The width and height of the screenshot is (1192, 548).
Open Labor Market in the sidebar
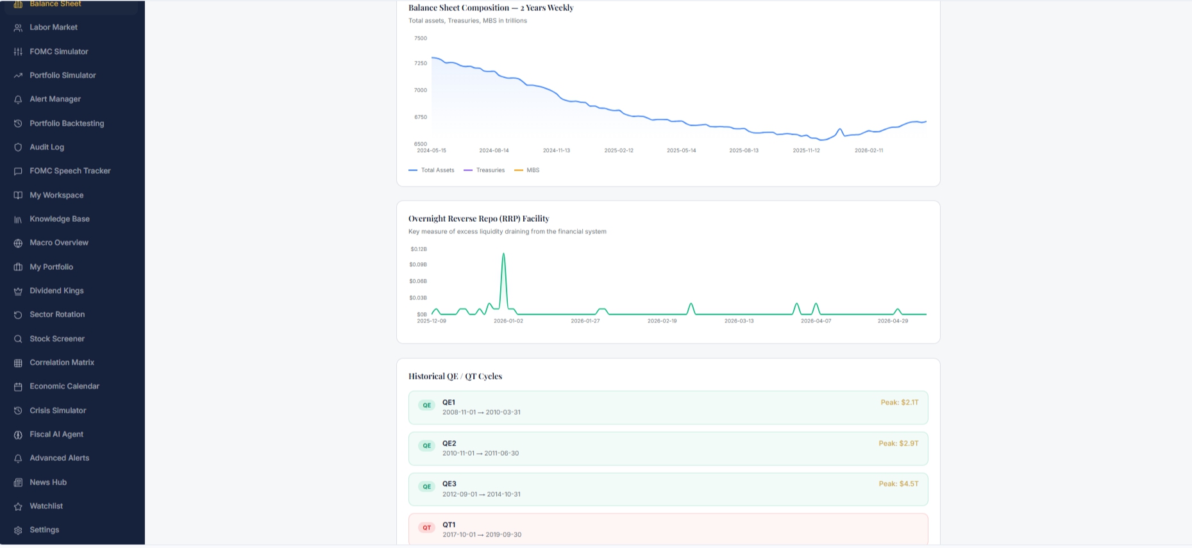pyautogui.click(x=53, y=28)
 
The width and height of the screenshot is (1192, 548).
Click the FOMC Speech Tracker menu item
pyautogui.click(x=70, y=171)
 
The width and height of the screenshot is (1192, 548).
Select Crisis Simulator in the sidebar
pyautogui.click(x=58, y=411)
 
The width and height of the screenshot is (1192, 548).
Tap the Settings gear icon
pyautogui.click(x=18, y=530)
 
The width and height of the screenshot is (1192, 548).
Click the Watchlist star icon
pyautogui.click(x=18, y=506)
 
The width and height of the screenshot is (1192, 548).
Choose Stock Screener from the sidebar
pyautogui.click(x=57, y=339)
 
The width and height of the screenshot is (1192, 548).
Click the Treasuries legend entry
pyautogui.click(x=484, y=170)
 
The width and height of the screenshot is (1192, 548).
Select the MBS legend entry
pyautogui.click(x=527, y=170)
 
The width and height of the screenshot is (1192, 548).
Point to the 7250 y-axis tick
pyautogui.click(x=421, y=63)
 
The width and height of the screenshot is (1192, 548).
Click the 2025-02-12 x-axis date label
pyautogui.click(x=619, y=151)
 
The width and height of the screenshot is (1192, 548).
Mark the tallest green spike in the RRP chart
pyautogui.click(x=503, y=254)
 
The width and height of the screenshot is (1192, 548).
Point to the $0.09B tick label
pyautogui.click(x=418, y=265)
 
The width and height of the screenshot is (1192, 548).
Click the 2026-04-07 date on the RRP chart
pyautogui.click(x=816, y=321)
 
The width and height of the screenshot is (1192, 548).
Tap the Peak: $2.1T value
pyautogui.click(x=900, y=403)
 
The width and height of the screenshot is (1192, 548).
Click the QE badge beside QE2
pyautogui.click(x=426, y=445)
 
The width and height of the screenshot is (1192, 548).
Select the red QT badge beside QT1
pyautogui.click(x=426, y=527)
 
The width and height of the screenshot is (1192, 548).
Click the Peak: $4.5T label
pyautogui.click(x=898, y=484)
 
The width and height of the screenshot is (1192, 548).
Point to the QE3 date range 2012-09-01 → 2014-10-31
pyautogui.click(x=482, y=495)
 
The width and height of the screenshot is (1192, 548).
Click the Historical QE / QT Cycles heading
pyautogui.click(x=455, y=376)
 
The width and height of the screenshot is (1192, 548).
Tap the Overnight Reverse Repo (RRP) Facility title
pyautogui.click(x=479, y=219)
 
